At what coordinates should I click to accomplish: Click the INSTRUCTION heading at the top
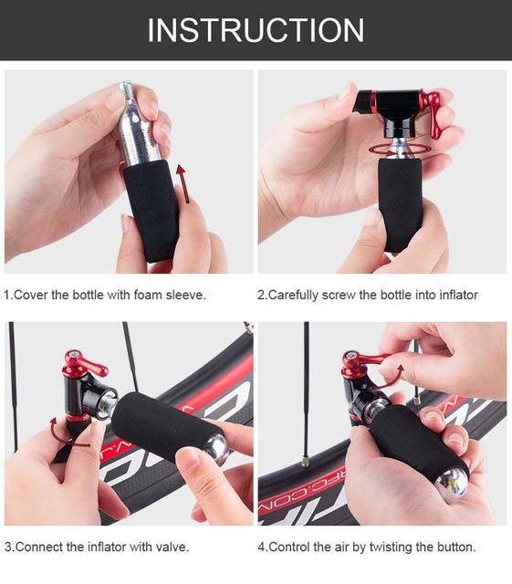point(256,30)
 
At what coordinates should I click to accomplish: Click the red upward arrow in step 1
point(183,184)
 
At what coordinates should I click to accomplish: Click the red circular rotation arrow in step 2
point(400,150)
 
